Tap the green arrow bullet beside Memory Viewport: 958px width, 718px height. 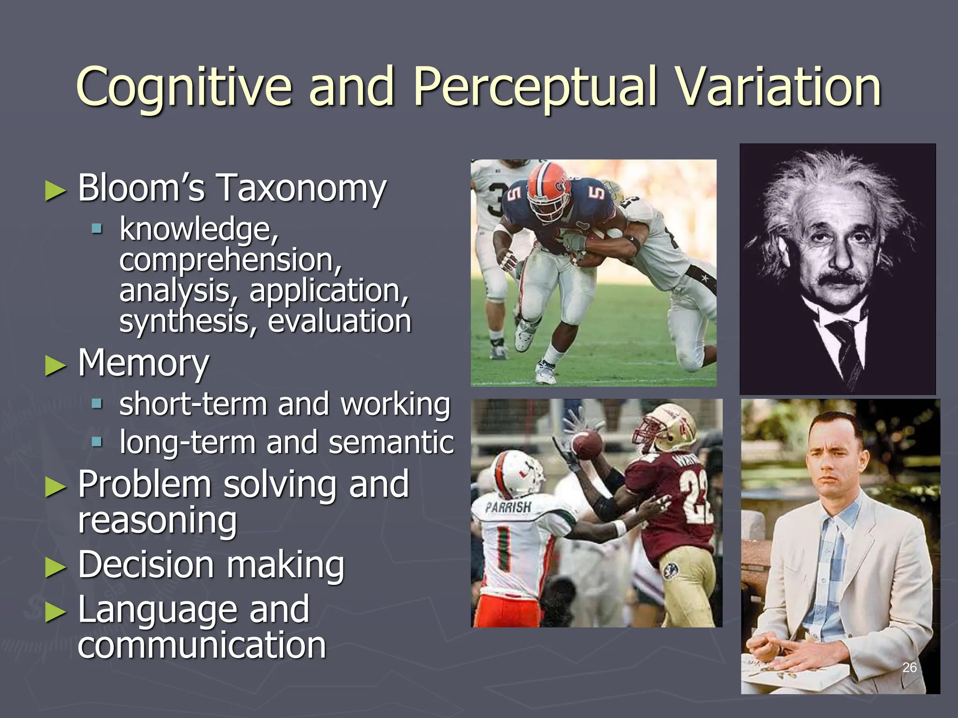(x=56, y=366)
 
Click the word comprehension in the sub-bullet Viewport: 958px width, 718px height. (x=230, y=260)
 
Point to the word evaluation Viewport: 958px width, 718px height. (x=339, y=322)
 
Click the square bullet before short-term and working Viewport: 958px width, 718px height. (x=97, y=403)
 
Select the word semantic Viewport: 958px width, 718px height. (x=391, y=442)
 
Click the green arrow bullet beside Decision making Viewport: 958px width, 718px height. (x=56, y=567)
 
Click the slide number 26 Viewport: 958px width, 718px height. (x=909, y=668)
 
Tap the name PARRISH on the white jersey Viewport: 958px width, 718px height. (x=508, y=507)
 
